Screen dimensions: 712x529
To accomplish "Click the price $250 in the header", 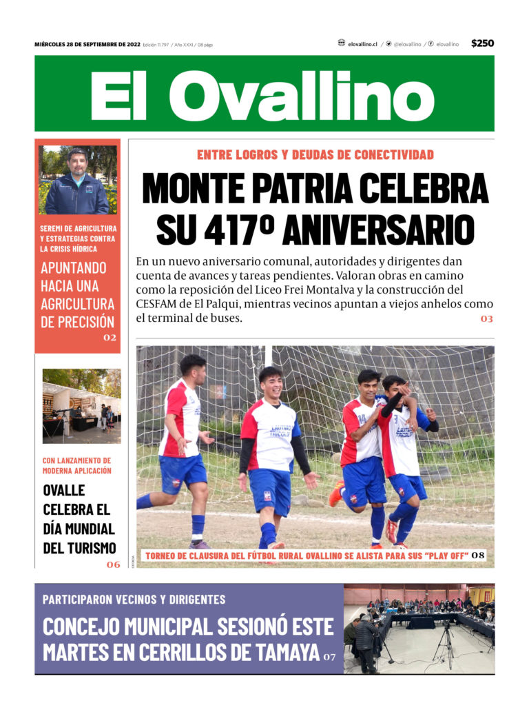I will click(x=482, y=43).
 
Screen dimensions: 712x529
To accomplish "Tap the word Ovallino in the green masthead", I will click(x=301, y=96).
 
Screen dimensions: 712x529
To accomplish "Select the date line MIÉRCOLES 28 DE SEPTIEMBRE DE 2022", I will click(x=87, y=44).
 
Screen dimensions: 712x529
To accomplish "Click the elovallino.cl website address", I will click(x=362, y=44).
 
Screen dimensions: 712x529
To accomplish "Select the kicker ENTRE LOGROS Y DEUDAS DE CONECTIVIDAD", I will click(x=315, y=154).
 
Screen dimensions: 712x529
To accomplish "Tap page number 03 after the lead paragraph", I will click(x=487, y=319).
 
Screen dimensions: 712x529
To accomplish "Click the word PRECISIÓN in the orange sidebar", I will click(x=77, y=321).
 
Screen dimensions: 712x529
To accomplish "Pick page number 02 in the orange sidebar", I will click(x=110, y=338).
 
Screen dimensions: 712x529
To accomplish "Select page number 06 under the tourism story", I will click(x=113, y=564).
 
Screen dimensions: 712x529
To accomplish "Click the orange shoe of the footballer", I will click(x=336, y=494).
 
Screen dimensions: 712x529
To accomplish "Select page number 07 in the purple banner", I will click(x=330, y=657).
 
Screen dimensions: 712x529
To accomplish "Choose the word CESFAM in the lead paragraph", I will click(x=158, y=303).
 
